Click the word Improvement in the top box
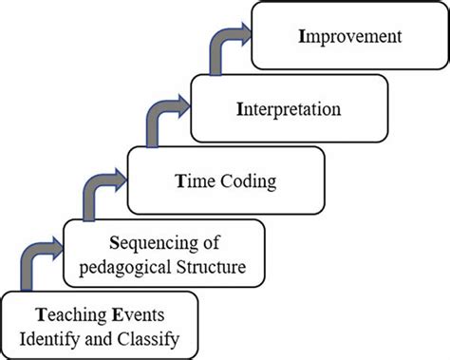[x=348, y=38]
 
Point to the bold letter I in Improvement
[x=302, y=38]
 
